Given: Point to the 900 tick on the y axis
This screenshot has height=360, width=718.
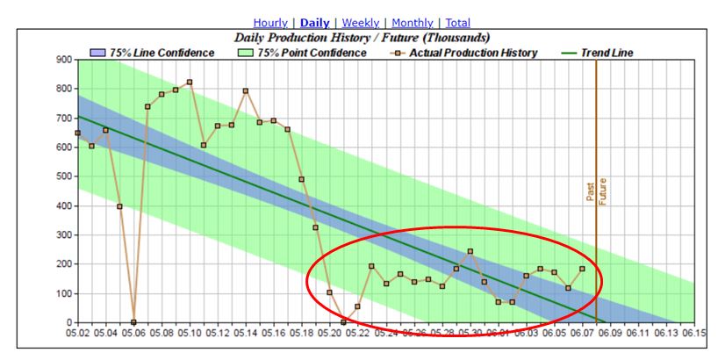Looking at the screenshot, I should click(63, 59).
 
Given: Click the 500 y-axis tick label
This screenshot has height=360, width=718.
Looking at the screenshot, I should click(63, 176).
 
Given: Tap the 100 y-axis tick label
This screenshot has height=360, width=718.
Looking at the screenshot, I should click(63, 294).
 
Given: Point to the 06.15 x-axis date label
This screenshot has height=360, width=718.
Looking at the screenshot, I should click(693, 333).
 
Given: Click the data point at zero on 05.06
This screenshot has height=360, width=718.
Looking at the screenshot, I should click(133, 322).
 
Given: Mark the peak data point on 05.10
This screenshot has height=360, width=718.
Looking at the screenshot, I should click(190, 83).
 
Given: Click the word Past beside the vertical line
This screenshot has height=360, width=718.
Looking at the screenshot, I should click(591, 192).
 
